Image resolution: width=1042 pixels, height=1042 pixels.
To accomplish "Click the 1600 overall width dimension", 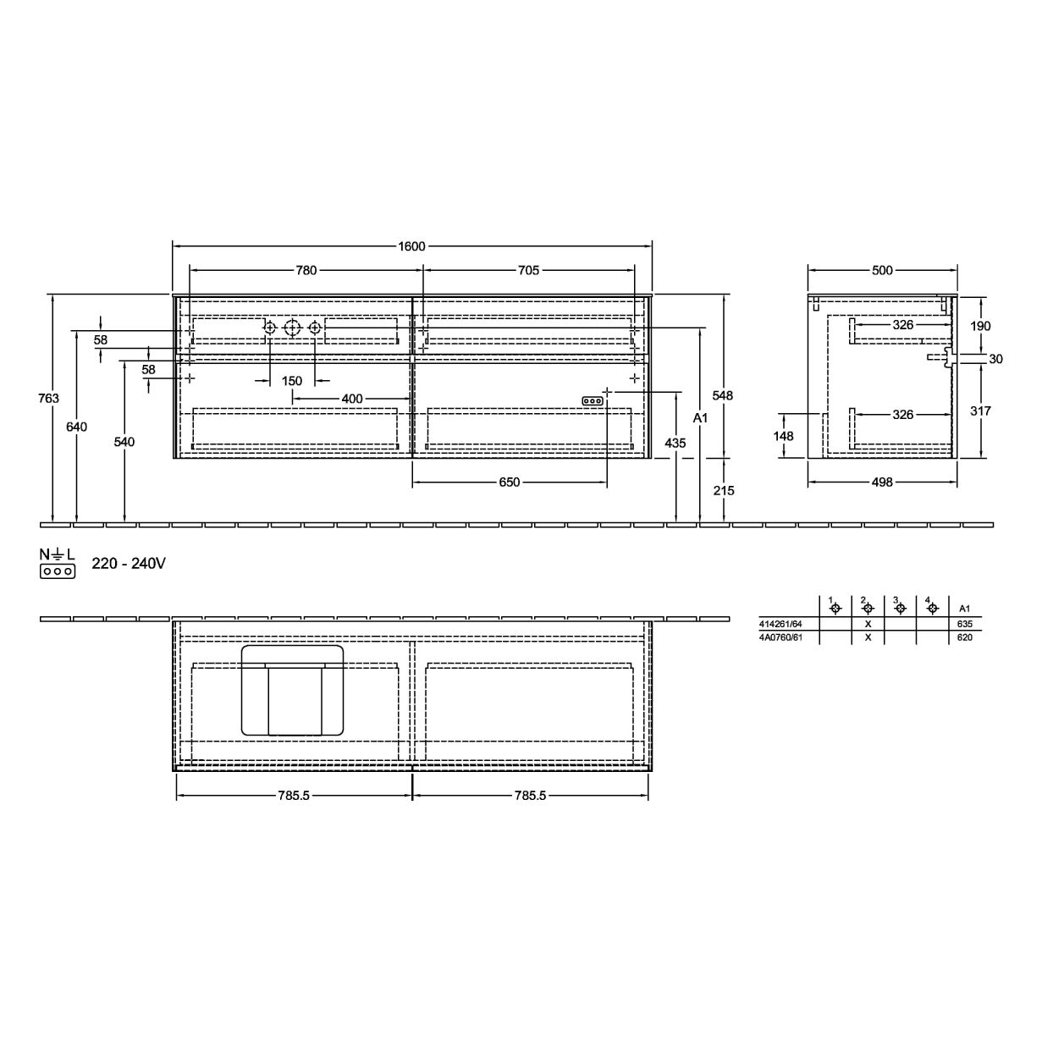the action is click(x=411, y=246).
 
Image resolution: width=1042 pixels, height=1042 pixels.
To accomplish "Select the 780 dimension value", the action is click(x=306, y=270).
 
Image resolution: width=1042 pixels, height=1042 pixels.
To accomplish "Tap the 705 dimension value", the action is click(x=528, y=270).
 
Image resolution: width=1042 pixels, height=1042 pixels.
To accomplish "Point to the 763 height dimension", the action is click(x=48, y=399).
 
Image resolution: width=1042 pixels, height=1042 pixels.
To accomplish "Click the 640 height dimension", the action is click(x=77, y=427).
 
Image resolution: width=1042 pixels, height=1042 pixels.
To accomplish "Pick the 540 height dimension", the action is click(x=124, y=443).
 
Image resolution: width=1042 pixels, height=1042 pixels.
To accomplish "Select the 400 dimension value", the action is click(x=352, y=399).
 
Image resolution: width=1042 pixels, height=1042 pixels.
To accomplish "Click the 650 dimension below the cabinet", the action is click(x=510, y=482).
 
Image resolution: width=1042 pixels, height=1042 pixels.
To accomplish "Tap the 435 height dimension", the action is click(x=675, y=444).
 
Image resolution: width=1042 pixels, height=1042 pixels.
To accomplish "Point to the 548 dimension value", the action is click(x=722, y=396).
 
